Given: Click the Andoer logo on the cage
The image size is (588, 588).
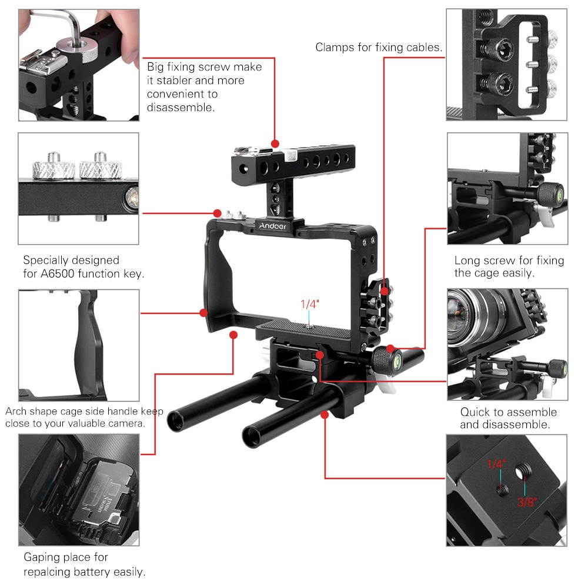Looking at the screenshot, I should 273,226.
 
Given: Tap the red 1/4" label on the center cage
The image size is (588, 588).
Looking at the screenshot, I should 309,305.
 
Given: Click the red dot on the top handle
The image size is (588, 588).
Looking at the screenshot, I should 275,143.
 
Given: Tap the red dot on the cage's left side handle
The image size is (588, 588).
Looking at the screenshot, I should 204,312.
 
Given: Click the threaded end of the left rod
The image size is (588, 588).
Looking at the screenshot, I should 176,422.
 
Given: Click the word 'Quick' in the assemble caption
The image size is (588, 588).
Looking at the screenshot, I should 475,412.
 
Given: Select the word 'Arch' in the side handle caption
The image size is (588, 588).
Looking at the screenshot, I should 16,412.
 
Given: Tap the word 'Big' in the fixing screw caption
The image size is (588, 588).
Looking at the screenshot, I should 156,67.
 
